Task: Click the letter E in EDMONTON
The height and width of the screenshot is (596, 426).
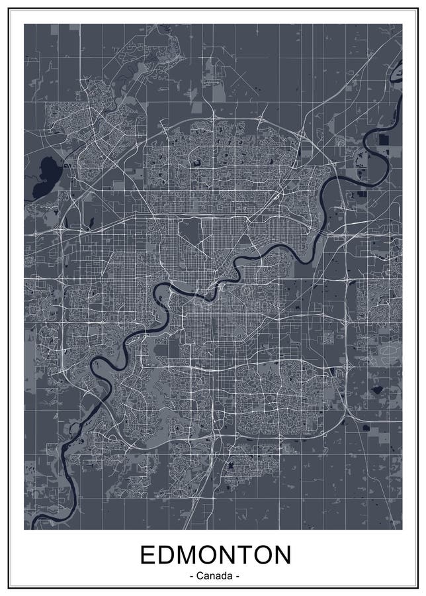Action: pos(146,555)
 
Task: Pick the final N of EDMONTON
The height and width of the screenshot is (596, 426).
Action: pos(282,555)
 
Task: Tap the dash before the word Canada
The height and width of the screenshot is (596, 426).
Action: pos(192,577)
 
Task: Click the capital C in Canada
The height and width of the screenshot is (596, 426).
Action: pos(200,576)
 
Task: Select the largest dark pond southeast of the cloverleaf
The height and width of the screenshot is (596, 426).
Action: pos(378,390)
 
